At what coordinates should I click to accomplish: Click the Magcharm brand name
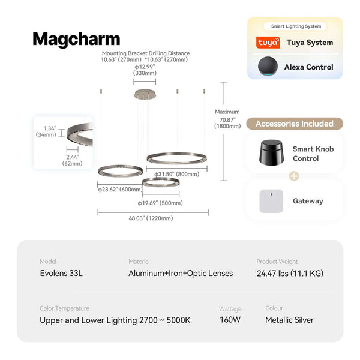(76, 39)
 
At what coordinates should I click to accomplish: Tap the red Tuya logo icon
(268, 43)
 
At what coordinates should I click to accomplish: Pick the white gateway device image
(270, 201)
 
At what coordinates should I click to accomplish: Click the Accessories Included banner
(295, 124)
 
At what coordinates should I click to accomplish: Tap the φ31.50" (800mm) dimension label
(177, 174)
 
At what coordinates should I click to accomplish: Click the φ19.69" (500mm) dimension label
(160, 203)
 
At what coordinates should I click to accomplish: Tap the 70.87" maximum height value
(227, 119)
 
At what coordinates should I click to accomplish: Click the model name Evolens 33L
(61, 274)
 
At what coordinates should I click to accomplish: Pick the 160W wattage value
(230, 320)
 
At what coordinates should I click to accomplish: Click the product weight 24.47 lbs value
(290, 274)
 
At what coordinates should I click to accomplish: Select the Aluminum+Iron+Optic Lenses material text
(181, 274)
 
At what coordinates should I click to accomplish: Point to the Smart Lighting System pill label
(295, 26)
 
